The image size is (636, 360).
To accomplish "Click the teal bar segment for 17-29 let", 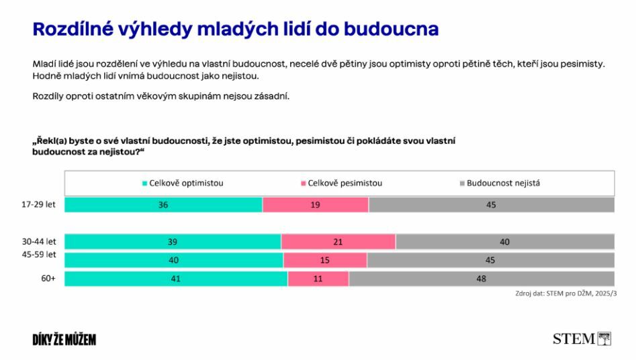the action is (163, 205).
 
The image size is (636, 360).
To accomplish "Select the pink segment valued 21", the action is (338, 242).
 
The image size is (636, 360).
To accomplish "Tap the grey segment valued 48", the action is (482, 279).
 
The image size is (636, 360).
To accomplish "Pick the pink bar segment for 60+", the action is (318, 279).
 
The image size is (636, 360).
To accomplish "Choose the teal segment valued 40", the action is (174, 260).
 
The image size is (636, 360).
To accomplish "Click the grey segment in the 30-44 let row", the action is (505, 242).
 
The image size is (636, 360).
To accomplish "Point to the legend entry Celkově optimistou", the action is (183, 183).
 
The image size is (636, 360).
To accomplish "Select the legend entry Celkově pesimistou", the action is (342, 183).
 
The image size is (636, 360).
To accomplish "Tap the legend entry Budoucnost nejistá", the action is (500, 183).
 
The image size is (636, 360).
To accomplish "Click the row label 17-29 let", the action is (38, 204).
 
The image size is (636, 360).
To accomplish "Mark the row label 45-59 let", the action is (39, 255).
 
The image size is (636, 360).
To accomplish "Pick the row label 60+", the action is (48, 279).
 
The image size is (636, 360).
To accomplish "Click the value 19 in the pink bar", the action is (315, 205).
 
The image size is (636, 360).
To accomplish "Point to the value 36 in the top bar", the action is (163, 205).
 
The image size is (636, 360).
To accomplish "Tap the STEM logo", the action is (582, 339).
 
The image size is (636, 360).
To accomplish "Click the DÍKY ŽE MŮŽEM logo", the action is (64, 339).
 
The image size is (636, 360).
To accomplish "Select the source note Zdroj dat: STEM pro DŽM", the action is (566, 293).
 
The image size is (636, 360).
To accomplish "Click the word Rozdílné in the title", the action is (73, 30).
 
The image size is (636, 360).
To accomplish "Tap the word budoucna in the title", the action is (392, 30).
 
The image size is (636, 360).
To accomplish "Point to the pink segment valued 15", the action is (325, 260).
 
